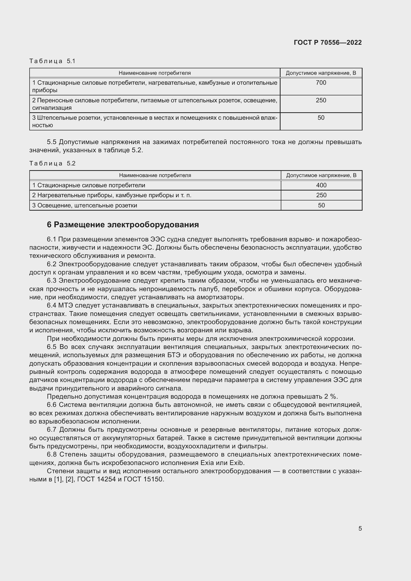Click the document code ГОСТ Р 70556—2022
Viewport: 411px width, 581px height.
pyautogui.click(x=328, y=42)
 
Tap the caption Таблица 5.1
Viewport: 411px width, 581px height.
pyautogui.click(x=52, y=61)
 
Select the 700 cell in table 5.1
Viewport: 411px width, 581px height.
pyautogui.click(x=321, y=83)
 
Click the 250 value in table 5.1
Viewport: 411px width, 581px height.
pyautogui.click(x=321, y=100)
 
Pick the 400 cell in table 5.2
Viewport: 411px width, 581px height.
pyautogui.click(x=321, y=185)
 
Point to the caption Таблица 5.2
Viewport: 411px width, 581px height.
pyautogui.click(x=52, y=163)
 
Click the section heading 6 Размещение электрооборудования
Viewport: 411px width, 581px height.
pyautogui.click(x=123, y=225)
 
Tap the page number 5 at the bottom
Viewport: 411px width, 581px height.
pyautogui.click(x=360, y=528)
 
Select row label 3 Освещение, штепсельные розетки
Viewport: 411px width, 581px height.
pyautogui.click(x=84, y=205)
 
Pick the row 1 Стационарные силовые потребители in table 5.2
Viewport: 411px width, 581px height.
pyautogui.click(x=88, y=185)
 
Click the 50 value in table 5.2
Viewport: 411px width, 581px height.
pyautogui.click(x=321, y=205)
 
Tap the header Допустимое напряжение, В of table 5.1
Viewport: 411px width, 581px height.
pyautogui.click(x=321, y=73)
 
